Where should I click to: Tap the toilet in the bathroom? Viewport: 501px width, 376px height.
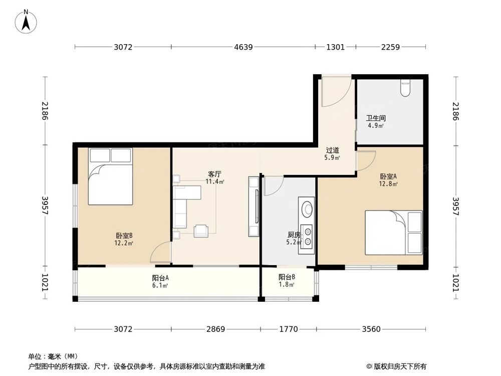[x=406, y=87]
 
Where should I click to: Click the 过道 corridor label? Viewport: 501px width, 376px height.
[x=333, y=150]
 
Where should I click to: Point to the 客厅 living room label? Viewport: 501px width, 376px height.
[x=215, y=174]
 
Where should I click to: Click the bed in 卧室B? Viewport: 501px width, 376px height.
[x=110, y=176]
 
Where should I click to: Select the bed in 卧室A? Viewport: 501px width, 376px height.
[x=393, y=232]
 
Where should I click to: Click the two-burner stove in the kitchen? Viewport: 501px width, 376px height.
[x=307, y=237]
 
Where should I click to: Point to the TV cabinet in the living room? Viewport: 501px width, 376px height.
[x=254, y=207]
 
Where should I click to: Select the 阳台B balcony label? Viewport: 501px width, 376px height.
[x=287, y=277]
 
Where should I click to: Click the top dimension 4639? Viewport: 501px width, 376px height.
[x=243, y=47]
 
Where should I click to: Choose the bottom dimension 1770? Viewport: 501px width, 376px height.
[x=288, y=329]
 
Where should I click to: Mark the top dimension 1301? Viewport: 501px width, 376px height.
[x=335, y=47]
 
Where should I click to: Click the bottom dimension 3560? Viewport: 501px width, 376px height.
[x=371, y=329]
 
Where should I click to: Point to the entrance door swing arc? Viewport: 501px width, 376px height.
[x=333, y=93]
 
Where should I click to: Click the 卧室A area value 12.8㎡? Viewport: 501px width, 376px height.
[x=388, y=184]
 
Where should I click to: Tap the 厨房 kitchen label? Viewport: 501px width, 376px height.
[x=294, y=235]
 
